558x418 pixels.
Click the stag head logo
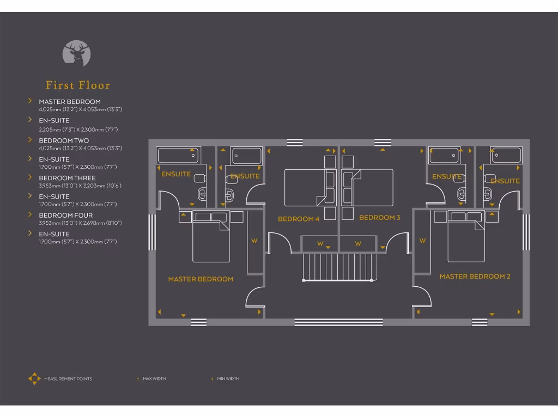76,53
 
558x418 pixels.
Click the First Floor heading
78,85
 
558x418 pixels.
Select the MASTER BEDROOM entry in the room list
70,102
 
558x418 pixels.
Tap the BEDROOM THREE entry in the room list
67,178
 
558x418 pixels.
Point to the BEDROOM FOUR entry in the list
66,216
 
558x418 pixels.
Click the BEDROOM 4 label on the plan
299,219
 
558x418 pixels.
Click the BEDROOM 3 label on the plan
380,218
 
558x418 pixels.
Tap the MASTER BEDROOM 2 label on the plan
475,276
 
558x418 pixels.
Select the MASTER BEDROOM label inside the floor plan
201,279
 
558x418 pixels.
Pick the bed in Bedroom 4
305,188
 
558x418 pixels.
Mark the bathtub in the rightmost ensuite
507,155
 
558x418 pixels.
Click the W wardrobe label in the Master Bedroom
254,241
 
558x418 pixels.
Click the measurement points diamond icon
34,379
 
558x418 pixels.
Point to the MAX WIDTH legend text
154,379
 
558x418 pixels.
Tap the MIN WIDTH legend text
228,379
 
